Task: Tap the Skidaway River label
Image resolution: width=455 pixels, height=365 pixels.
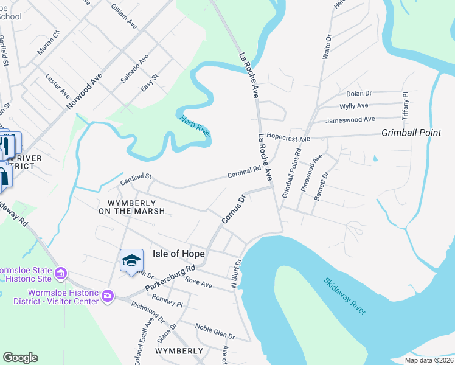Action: click(345, 296)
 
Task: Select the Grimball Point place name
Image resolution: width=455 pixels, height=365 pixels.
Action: click(411, 133)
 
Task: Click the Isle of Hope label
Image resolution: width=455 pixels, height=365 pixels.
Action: click(179, 253)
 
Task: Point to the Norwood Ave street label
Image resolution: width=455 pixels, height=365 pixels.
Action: click(83, 91)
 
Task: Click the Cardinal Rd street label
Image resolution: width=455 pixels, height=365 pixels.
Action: click(244, 173)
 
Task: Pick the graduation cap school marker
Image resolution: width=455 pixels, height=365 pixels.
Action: click(131, 261)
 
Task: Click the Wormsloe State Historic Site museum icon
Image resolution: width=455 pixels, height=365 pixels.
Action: click(61, 274)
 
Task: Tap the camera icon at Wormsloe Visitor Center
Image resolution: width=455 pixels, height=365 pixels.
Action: click(108, 296)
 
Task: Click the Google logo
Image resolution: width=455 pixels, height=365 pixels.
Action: click(20, 358)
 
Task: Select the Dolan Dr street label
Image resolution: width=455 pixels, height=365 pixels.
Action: click(359, 93)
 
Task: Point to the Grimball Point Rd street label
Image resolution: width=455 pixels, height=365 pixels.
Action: click(292, 173)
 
